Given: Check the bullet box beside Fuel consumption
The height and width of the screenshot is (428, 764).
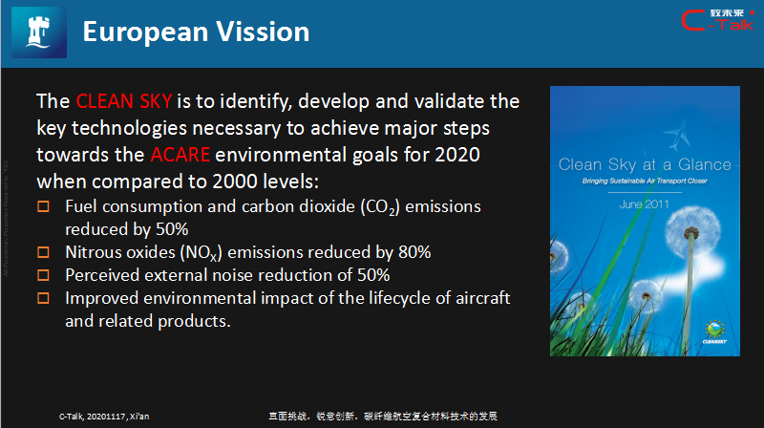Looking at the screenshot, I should click(42, 206).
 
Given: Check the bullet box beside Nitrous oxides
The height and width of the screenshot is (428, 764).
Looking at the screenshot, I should click(42, 252).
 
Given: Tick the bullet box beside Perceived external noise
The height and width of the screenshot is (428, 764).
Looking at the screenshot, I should click(42, 275).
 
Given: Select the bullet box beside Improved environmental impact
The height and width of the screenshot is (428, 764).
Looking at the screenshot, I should click(42, 298).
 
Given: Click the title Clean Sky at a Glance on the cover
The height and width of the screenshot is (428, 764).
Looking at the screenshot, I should click(645, 163).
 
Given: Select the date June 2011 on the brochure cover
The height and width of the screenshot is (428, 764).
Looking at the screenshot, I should click(645, 203).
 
